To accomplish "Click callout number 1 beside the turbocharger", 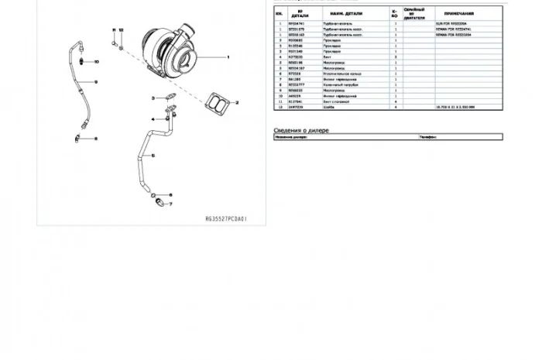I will click(x=228, y=58).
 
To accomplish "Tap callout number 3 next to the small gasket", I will click(x=154, y=98).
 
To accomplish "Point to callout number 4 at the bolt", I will click(x=154, y=119).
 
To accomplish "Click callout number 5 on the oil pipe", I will click(x=153, y=156).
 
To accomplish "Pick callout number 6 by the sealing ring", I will click(x=171, y=194).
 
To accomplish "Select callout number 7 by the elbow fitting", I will click(x=171, y=206).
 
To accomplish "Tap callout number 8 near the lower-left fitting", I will click(x=96, y=139).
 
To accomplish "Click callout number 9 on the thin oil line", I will click(x=96, y=82).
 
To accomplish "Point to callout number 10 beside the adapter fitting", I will click(x=96, y=61).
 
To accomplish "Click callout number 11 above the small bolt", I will click(x=112, y=29).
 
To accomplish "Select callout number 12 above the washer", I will click(x=121, y=29).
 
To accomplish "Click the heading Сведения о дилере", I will click(x=301, y=130).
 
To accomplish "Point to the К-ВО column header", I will click(x=395, y=14).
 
